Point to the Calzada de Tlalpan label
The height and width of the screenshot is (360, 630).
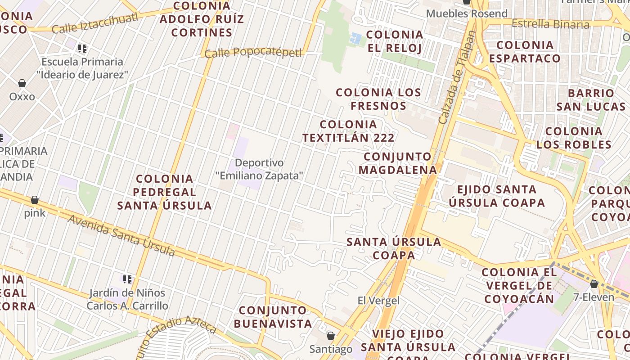coord(457,77)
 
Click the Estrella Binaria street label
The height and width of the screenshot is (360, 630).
coord(550,24)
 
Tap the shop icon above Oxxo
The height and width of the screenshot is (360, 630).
coord(22,83)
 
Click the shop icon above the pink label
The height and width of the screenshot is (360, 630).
coord(35,200)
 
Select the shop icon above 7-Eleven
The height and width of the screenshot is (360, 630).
coord(594,284)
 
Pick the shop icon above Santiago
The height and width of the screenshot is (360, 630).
coord(331,336)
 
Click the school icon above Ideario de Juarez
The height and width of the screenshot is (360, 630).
coord(82,48)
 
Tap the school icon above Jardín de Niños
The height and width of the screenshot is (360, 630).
coord(127,279)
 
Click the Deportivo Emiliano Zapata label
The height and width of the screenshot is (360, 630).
coord(259,169)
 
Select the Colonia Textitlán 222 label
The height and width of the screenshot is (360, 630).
coord(348,131)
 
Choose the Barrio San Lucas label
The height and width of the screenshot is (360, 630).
coord(591,100)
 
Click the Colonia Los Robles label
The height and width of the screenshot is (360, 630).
coord(574,138)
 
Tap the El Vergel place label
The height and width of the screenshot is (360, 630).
coord(378,301)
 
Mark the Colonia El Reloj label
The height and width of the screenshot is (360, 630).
coord(395,41)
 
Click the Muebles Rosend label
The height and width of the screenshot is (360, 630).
coord(467,13)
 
